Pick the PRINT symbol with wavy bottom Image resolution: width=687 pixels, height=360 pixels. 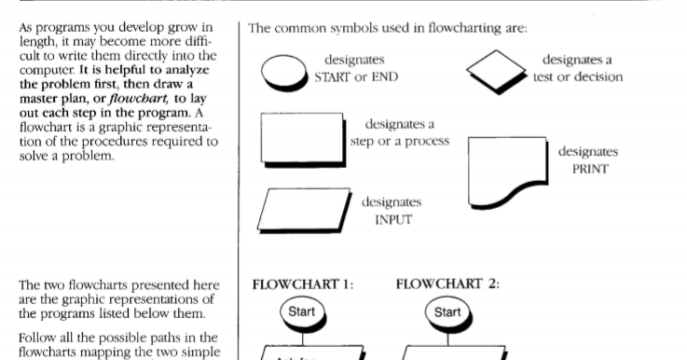point(508,173)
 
